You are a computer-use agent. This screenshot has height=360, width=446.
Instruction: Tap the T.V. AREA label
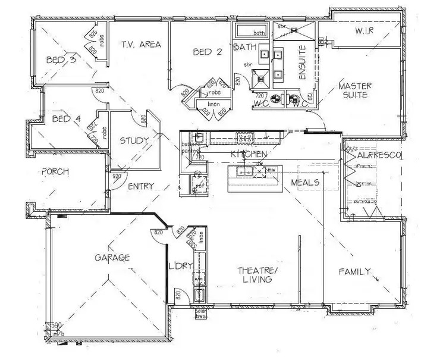(x=142, y=45)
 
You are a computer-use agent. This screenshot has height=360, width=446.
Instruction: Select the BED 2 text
(x=208, y=52)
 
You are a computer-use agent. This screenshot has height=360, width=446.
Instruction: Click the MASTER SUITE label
(x=355, y=90)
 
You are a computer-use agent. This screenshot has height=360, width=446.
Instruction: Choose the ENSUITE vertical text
(x=301, y=64)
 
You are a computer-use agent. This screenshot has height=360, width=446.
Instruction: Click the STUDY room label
(x=134, y=141)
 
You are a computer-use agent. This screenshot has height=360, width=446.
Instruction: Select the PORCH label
(x=55, y=171)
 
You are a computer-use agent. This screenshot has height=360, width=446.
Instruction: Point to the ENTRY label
(x=142, y=186)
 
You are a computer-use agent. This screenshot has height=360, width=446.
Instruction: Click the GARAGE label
(x=112, y=258)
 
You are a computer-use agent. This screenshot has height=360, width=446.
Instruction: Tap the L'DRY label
(x=180, y=265)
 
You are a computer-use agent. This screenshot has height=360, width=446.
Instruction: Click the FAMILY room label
(x=354, y=272)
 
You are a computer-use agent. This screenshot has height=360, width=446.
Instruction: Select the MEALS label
(x=306, y=183)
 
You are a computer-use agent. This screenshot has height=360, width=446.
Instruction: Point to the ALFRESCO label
(x=380, y=155)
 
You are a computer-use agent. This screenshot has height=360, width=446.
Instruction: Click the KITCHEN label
(x=247, y=155)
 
